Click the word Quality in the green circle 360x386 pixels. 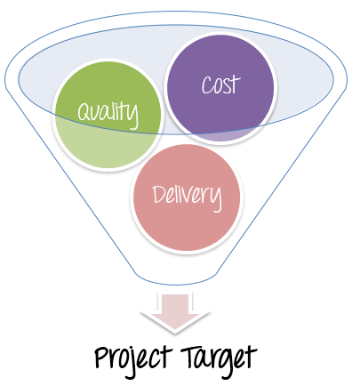point(108,114)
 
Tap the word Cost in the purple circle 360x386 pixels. point(220,84)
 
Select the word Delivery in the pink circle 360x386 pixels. point(187,197)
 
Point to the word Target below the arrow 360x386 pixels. point(219,360)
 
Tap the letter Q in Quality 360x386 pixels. point(84,111)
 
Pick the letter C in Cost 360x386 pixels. point(207,85)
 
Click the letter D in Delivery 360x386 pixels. point(160,194)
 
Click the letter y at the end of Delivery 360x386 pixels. point(216,199)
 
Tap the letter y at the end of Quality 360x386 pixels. point(133,117)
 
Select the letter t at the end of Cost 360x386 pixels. point(236,84)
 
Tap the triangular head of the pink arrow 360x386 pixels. point(175,323)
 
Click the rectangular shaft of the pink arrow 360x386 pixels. point(175,303)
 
